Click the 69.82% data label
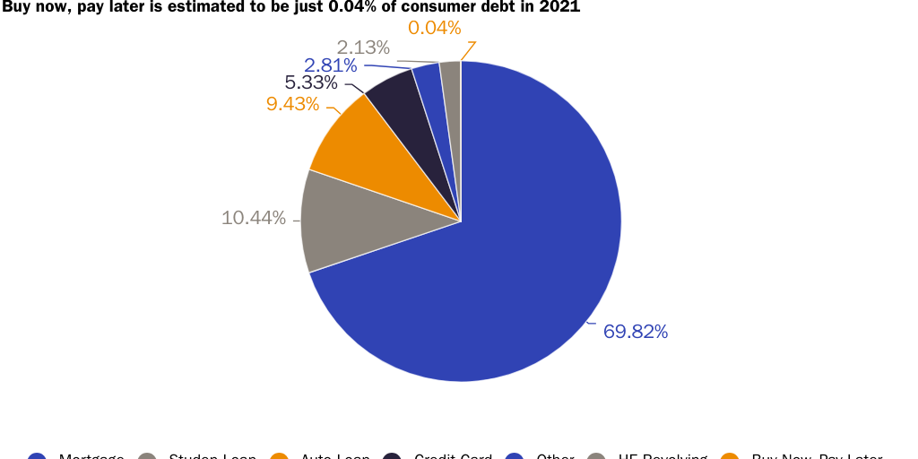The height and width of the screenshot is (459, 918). pyautogui.click(x=636, y=332)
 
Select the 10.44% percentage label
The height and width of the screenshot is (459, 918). pyautogui.click(x=254, y=218)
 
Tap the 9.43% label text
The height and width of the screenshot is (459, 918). pyautogui.click(x=292, y=104)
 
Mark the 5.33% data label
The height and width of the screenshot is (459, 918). pyautogui.click(x=311, y=83)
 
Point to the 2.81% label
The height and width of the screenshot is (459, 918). pyautogui.click(x=331, y=65)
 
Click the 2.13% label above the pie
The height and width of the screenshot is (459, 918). pyautogui.click(x=363, y=48)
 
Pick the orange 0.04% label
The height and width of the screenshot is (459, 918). pyautogui.click(x=434, y=29)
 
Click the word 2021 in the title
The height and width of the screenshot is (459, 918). pyautogui.click(x=560, y=7)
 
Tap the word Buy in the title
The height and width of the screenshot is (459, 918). pyautogui.click(x=16, y=7)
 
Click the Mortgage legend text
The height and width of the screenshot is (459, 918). pyautogui.click(x=91, y=456)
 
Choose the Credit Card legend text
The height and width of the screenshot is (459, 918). pyautogui.click(x=453, y=456)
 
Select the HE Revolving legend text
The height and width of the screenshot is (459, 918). pyautogui.click(x=663, y=456)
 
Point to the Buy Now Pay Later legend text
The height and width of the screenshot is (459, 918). pyautogui.click(x=817, y=456)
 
